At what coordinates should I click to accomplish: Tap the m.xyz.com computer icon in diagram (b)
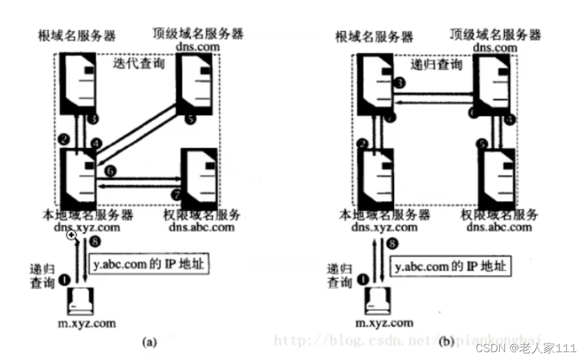point(377,300)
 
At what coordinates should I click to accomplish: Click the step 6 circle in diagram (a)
point(109,171)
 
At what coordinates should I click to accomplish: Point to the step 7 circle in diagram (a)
point(176,194)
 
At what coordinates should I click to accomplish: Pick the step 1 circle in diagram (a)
point(65,281)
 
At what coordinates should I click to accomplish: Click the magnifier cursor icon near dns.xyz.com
point(72,236)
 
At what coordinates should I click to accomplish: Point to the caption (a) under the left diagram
point(148,343)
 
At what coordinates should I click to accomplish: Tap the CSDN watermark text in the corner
point(525,349)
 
